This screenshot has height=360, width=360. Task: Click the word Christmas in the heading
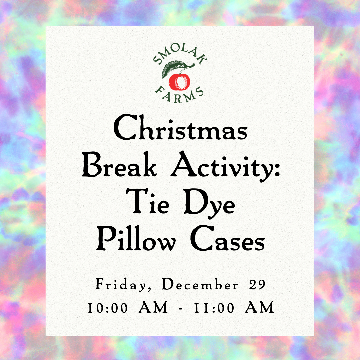click(x=180, y=127)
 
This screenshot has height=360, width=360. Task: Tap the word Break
click(x=119, y=164)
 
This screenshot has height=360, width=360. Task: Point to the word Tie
click(x=148, y=201)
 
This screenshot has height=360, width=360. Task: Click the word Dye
click(x=209, y=203)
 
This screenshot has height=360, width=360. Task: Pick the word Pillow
click(x=136, y=238)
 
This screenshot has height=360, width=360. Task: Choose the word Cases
click(x=228, y=238)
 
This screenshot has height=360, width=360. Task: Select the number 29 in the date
click(x=257, y=285)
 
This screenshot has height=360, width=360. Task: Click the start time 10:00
click(x=108, y=308)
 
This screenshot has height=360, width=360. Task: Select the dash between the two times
click(x=181, y=308)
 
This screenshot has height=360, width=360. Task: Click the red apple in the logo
click(x=179, y=82)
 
